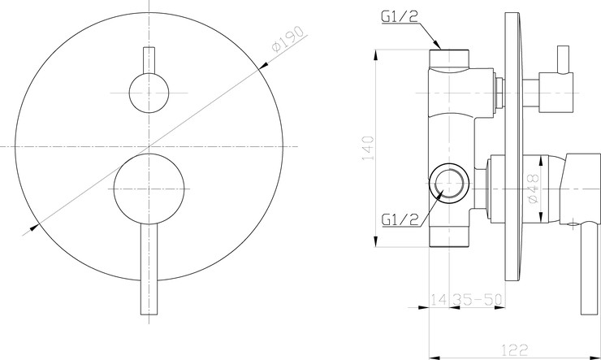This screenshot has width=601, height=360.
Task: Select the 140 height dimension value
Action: tap(368, 148)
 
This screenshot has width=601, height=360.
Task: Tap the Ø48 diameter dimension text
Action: tap(533, 189)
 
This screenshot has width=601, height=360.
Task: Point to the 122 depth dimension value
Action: tap(515, 349)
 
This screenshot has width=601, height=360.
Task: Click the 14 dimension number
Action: tap(438, 299)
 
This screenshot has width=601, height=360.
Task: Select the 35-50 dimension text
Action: tap(477, 299)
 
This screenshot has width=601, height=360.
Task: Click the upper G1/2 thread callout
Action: tap(400, 16)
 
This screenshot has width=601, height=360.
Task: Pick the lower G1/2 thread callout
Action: tap(400, 219)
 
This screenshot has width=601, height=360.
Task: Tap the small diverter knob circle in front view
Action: tap(149, 93)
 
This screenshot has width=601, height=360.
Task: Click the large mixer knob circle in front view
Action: tap(149, 189)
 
